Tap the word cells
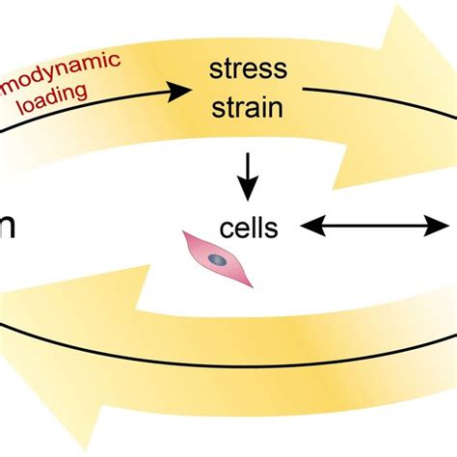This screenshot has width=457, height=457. pyautogui.click(x=248, y=228)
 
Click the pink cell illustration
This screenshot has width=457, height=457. pyautogui.click(x=219, y=259)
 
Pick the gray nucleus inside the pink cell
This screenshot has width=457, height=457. pyautogui.click(x=219, y=259)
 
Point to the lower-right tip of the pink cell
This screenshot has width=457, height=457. pyautogui.click(x=251, y=284)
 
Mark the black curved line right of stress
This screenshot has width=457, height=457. pyautogui.click(x=366, y=96)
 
